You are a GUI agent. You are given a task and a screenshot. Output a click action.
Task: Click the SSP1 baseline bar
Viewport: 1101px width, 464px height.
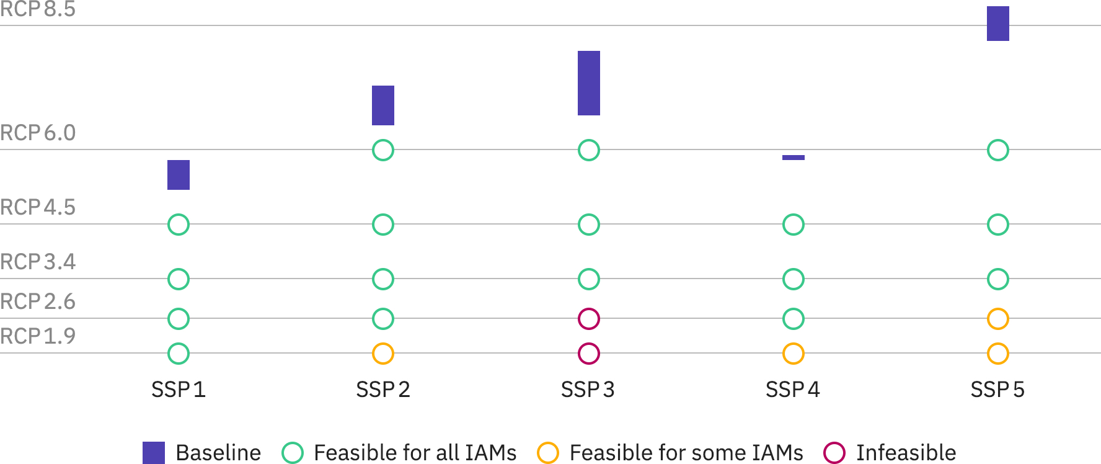pyautogui.click(x=179, y=175)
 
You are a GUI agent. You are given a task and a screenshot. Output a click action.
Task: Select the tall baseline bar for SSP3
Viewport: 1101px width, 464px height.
pyautogui.click(x=589, y=83)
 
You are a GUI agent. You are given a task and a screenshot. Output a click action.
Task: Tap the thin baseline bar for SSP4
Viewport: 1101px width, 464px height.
pyautogui.click(x=794, y=158)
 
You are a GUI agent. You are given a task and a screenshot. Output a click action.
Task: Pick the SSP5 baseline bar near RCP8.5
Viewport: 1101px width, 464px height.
pyautogui.click(x=998, y=24)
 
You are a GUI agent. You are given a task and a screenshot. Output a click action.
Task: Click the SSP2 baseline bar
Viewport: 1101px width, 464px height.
pyautogui.click(x=383, y=105)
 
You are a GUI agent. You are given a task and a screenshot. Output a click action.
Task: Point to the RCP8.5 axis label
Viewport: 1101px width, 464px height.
pyautogui.click(x=38, y=9)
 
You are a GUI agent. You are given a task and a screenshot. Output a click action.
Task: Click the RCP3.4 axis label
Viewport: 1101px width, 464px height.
pyautogui.click(x=38, y=262)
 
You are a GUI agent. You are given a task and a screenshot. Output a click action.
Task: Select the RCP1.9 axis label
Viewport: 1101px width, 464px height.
pyautogui.click(x=38, y=336)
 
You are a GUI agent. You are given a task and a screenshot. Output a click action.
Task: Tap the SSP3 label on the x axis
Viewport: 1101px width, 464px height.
pyautogui.click(x=588, y=390)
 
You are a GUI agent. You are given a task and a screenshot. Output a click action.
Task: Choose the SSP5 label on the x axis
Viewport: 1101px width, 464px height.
pyautogui.click(x=997, y=390)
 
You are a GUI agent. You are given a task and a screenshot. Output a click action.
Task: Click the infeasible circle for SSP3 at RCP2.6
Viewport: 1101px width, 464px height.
pyautogui.click(x=589, y=319)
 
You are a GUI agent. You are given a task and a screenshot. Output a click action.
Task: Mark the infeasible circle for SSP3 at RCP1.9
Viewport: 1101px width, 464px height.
pyautogui.click(x=589, y=354)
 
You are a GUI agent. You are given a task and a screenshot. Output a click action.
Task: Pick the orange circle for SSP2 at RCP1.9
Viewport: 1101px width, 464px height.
pyautogui.click(x=383, y=354)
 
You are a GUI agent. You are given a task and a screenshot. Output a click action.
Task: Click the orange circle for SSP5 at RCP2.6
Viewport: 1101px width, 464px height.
pyautogui.click(x=998, y=319)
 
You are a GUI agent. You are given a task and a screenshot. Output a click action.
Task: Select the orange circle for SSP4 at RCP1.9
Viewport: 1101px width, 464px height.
pyautogui.click(x=794, y=354)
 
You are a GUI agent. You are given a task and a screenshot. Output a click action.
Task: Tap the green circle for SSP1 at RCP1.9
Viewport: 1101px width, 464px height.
pyautogui.click(x=179, y=354)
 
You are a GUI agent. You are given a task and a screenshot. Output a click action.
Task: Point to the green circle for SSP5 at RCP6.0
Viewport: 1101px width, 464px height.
pyautogui.click(x=998, y=150)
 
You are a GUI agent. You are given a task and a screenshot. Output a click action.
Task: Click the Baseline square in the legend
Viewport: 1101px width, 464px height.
pyautogui.click(x=154, y=453)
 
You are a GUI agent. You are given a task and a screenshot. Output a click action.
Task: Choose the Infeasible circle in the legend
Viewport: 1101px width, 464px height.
pyautogui.click(x=834, y=453)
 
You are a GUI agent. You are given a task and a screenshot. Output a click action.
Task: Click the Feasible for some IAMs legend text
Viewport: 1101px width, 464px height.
pyautogui.click(x=686, y=453)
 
